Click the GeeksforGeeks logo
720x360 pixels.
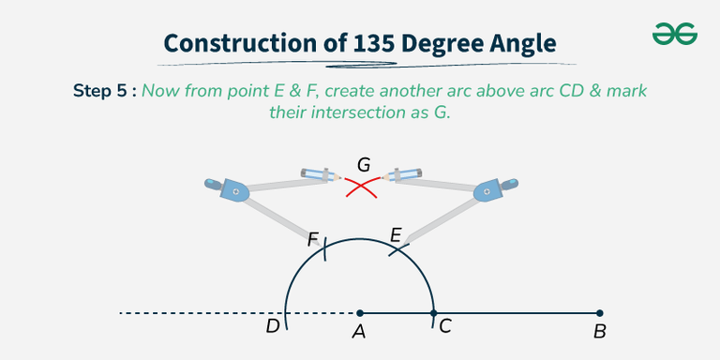pos(674,35)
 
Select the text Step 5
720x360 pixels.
pos(102,92)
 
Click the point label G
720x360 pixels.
pos(364,165)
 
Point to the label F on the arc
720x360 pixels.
pos(313,240)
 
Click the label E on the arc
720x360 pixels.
pos(395,236)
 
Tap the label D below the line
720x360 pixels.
pos(272,327)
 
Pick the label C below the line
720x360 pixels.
pos(445,327)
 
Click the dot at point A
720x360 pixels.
pos(360,312)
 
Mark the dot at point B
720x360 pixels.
pos(599,312)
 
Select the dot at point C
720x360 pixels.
pos(433,312)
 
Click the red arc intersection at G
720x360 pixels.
pos(362,188)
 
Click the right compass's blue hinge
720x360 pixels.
pos(487,191)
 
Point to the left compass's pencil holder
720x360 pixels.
pos(321,174)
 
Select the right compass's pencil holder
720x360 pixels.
pos(405,174)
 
